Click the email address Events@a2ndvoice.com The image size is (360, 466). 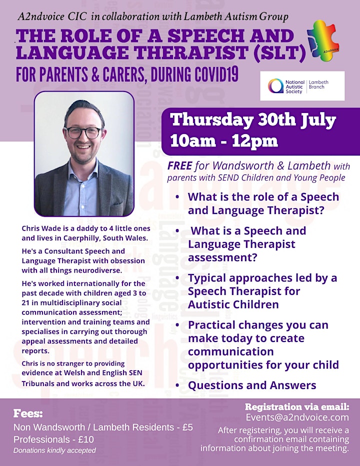(297, 417)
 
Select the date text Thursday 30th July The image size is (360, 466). (253, 120)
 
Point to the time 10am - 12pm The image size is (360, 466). (224, 141)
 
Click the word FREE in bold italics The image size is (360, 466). (180, 166)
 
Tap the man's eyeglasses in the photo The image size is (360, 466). (83, 132)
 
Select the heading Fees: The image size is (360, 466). (28, 413)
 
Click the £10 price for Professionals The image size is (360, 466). (86, 439)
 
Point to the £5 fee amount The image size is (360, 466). (187, 427)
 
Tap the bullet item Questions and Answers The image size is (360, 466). (252, 385)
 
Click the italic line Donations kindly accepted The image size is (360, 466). (54, 450)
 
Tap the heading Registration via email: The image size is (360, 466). (297, 406)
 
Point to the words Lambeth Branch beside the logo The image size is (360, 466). (318, 84)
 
